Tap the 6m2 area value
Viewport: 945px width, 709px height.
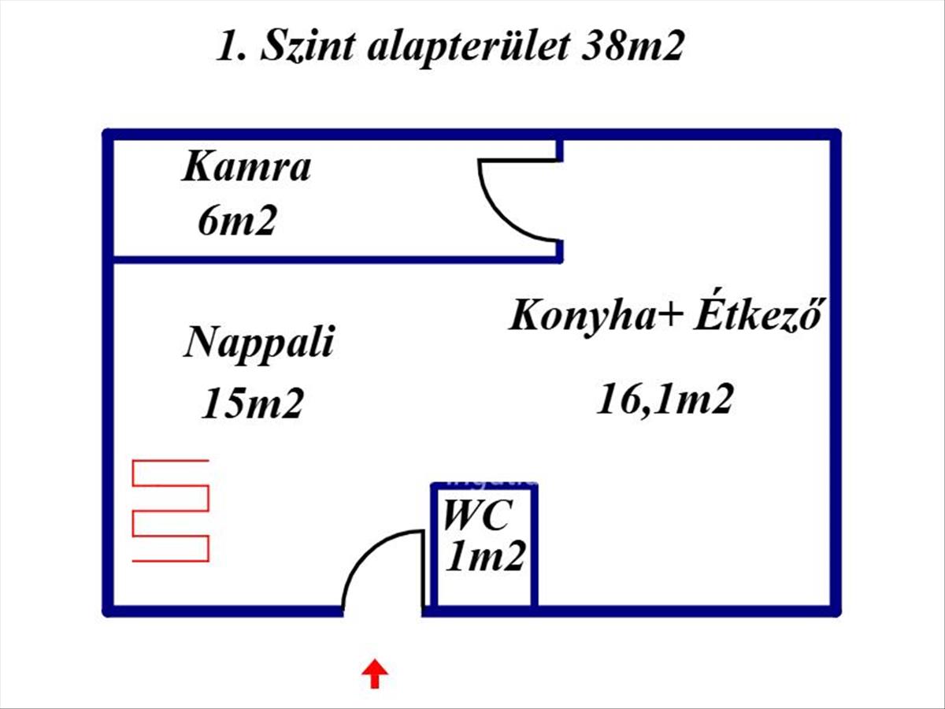point(237,221)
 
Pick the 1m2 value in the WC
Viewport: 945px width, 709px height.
point(486,555)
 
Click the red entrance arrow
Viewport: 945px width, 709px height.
point(375,674)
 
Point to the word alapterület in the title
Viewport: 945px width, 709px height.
point(469,47)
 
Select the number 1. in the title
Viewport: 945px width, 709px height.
point(232,46)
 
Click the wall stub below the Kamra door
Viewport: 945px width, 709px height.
point(559,250)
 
